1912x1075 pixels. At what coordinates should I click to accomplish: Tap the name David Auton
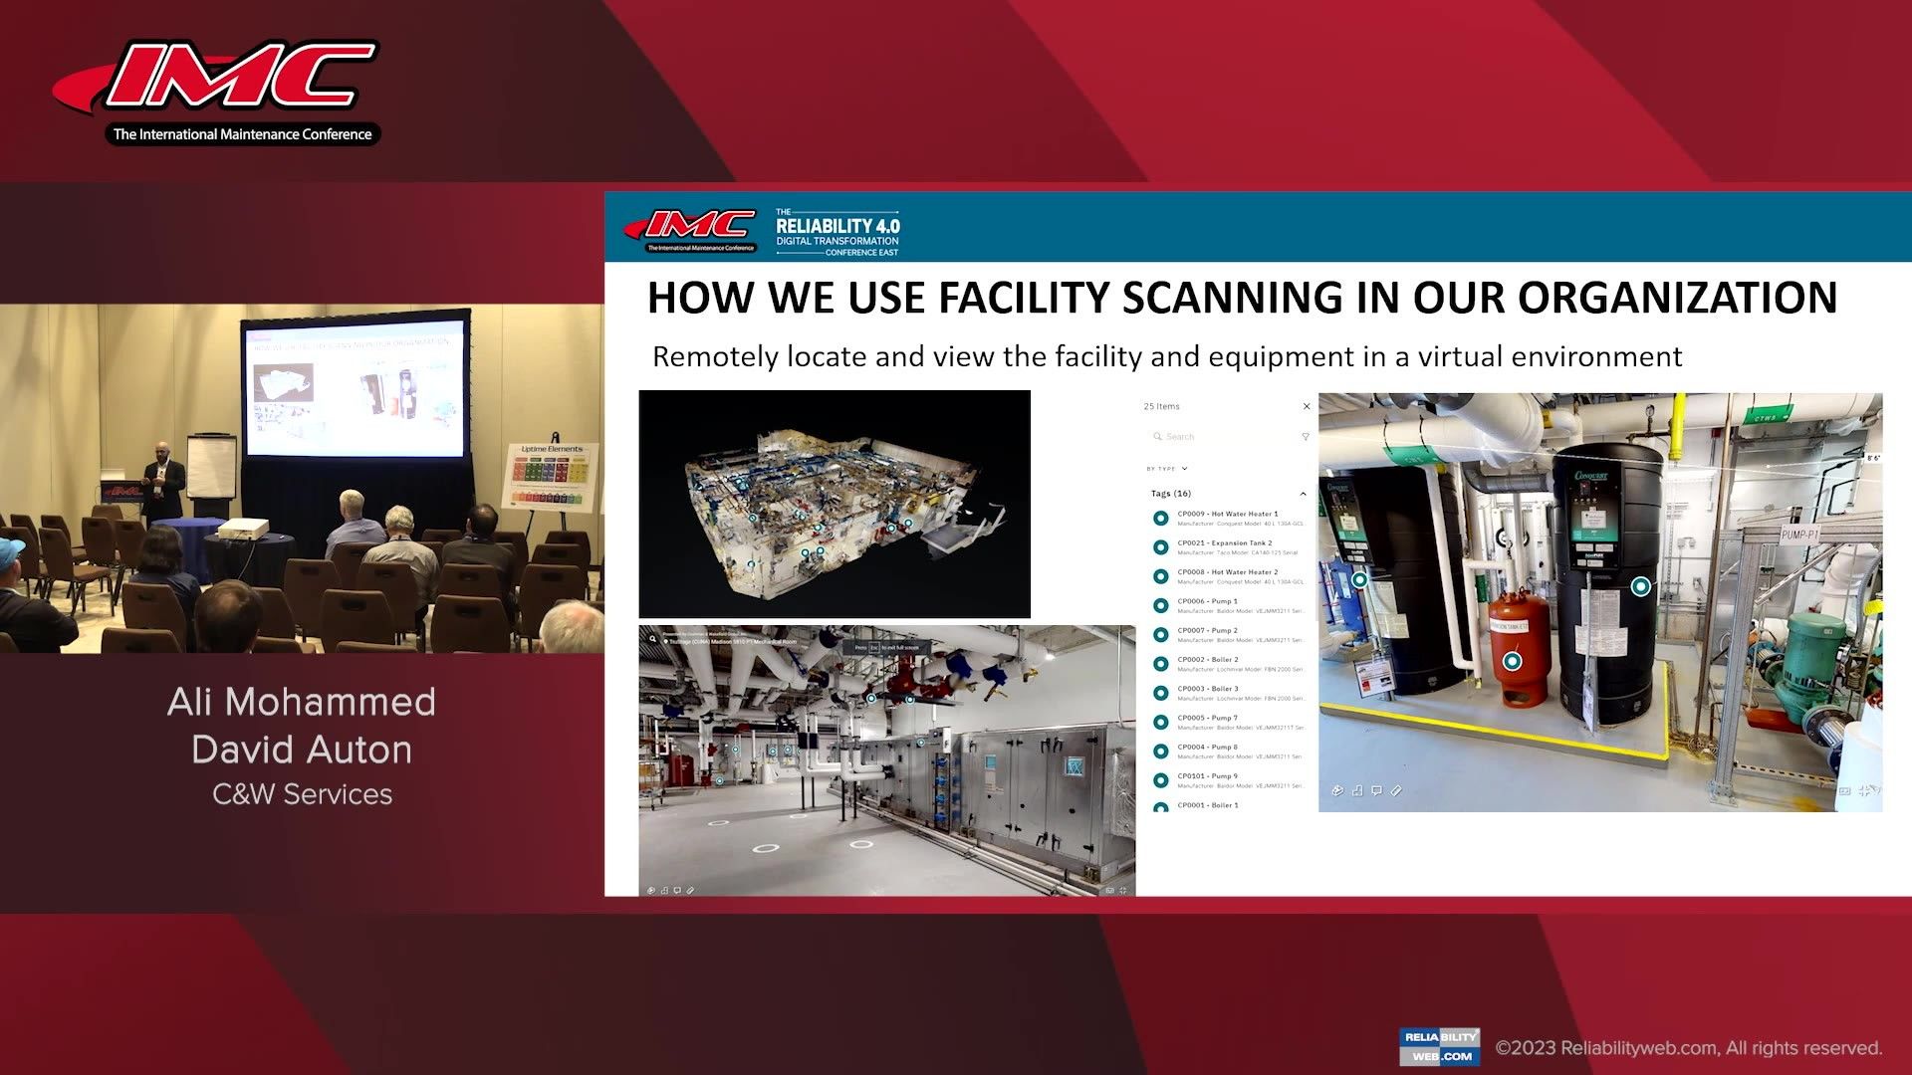pyautogui.click(x=302, y=750)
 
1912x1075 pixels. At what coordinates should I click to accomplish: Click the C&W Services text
pyautogui.click(x=302, y=794)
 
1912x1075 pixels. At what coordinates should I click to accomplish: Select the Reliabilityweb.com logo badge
pyautogui.click(x=1439, y=1046)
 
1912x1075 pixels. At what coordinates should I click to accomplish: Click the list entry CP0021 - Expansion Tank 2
pyautogui.click(x=1224, y=543)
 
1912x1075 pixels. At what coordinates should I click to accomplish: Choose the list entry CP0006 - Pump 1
pyautogui.click(x=1207, y=601)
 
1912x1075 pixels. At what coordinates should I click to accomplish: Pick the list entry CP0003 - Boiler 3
pyautogui.click(x=1207, y=689)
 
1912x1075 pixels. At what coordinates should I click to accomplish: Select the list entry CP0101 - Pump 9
pyautogui.click(x=1207, y=776)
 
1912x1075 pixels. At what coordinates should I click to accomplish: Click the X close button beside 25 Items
pyautogui.click(x=1307, y=406)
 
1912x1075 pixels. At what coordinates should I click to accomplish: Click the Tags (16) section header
pyautogui.click(x=1171, y=494)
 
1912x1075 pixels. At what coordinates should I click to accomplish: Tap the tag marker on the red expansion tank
pyautogui.click(x=1512, y=661)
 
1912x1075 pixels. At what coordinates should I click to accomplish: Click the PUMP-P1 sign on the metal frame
pyautogui.click(x=1799, y=535)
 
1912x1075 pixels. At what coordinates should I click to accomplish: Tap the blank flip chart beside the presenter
pyautogui.click(x=211, y=466)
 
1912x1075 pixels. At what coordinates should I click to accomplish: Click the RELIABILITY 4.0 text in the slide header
pyautogui.click(x=837, y=226)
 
